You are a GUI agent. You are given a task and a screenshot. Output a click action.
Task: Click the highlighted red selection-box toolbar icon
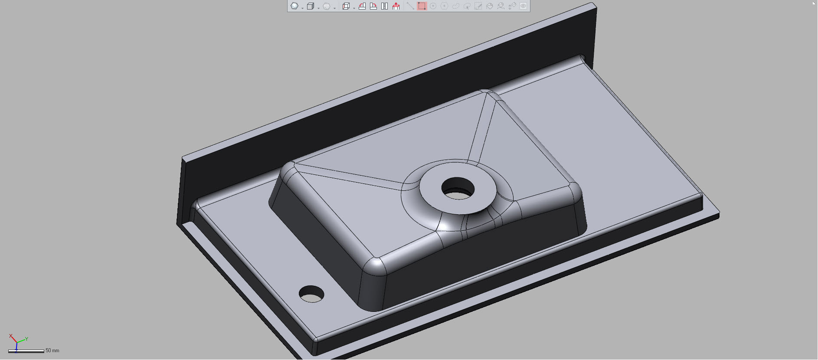tap(422, 6)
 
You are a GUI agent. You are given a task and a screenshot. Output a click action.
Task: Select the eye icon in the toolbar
tap(523, 6)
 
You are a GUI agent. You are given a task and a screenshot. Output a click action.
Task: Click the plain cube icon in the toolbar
tap(310, 6)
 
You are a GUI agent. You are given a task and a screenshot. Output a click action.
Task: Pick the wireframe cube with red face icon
tap(346, 6)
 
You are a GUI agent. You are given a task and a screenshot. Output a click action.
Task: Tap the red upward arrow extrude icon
tap(396, 6)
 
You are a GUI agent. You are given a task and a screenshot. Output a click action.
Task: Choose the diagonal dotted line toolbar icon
tap(410, 6)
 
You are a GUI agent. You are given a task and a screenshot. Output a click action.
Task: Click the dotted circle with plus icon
tap(433, 6)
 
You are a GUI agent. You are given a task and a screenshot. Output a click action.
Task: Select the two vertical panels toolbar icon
tap(384, 6)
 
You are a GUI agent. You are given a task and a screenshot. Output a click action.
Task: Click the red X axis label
tap(10, 336)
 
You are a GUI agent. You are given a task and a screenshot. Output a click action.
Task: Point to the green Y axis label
tap(26, 339)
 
